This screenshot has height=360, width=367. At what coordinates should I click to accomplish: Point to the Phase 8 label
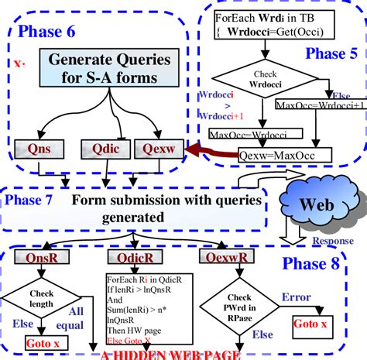click(x=310, y=264)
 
